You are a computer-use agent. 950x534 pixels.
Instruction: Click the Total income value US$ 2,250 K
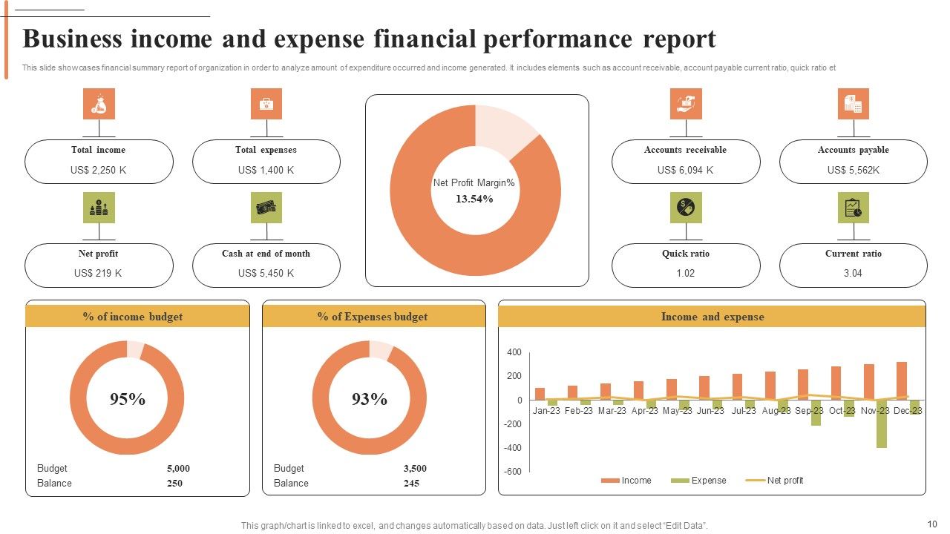coord(99,170)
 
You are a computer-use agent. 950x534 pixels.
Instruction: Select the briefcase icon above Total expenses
coord(266,104)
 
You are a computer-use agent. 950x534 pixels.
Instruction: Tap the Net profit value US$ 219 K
coord(99,273)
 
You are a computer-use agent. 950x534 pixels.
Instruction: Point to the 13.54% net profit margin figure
coord(474,199)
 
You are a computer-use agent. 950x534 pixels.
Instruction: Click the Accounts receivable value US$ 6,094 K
coord(685,170)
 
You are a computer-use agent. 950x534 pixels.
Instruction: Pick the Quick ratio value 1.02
coord(685,273)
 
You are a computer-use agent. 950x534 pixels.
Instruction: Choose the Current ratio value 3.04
coord(853,273)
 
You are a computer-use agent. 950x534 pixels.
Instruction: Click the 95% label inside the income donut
coord(128,399)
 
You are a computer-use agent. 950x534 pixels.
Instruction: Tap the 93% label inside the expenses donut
coord(370,399)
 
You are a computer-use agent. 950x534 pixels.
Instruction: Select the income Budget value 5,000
coord(178,468)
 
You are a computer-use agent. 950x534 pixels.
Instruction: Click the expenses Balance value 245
coord(411,483)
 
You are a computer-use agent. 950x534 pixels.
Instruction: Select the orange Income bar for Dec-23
coord(902,381)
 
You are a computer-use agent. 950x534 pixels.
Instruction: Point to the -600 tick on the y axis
coord(512,472)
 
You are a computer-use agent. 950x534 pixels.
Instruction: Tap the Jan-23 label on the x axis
coord(546,410)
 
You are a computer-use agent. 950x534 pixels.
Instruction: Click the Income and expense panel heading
coord(712,317)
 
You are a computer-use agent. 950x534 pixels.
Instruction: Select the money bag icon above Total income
coord(99,104)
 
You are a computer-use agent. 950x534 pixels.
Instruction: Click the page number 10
coord(932,524)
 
